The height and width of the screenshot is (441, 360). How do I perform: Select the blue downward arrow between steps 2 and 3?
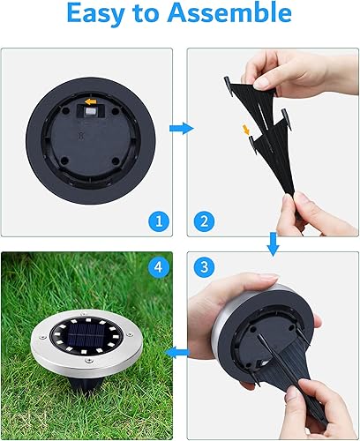click(x=273, y=243)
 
